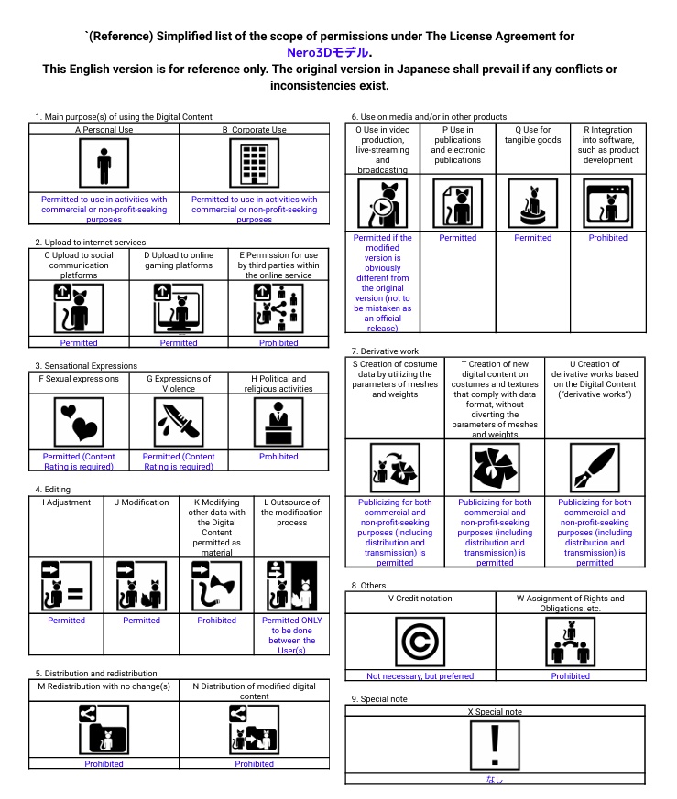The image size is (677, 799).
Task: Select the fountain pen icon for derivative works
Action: (595, 469)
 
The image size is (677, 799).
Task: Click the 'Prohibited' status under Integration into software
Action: (608, 238)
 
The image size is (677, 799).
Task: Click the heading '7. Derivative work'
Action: (385, 351)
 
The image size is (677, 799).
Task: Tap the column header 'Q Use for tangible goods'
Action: (533, 135)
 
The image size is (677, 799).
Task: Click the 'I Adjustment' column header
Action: (66, 502)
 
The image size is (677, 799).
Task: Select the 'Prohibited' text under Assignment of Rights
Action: (570, 676)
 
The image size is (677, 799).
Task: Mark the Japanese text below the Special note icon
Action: (495, 780)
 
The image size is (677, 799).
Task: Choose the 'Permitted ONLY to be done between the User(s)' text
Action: (291, 635)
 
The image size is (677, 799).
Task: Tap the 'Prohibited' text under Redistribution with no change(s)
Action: (104, 764)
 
